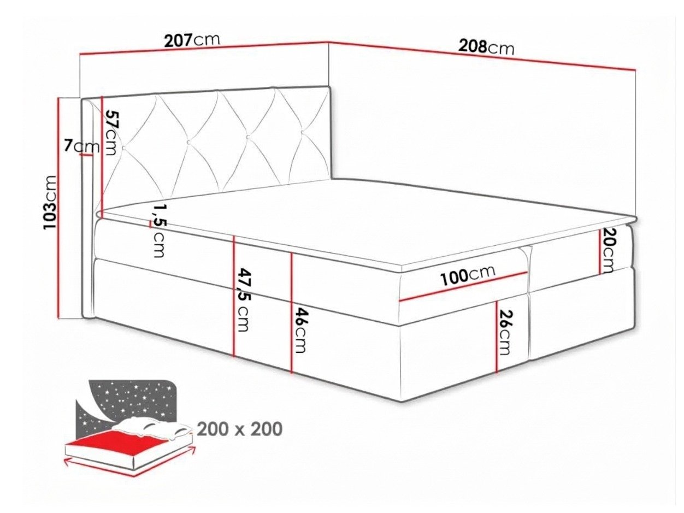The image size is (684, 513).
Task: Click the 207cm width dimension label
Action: tap(192, 40)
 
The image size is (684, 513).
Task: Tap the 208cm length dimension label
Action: tap(486, 48)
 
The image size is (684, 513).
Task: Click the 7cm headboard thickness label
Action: tap(82, 146)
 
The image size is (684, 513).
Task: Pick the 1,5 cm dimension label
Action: tap(159, 230)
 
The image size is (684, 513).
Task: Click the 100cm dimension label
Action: tap(468, 275)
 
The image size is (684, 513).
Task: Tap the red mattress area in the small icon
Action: tap(125, 445)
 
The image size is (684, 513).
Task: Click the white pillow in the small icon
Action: tap(152, 427)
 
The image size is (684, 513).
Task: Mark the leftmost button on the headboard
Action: tap(123, 148)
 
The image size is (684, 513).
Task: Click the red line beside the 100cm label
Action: tap(463, 286)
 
